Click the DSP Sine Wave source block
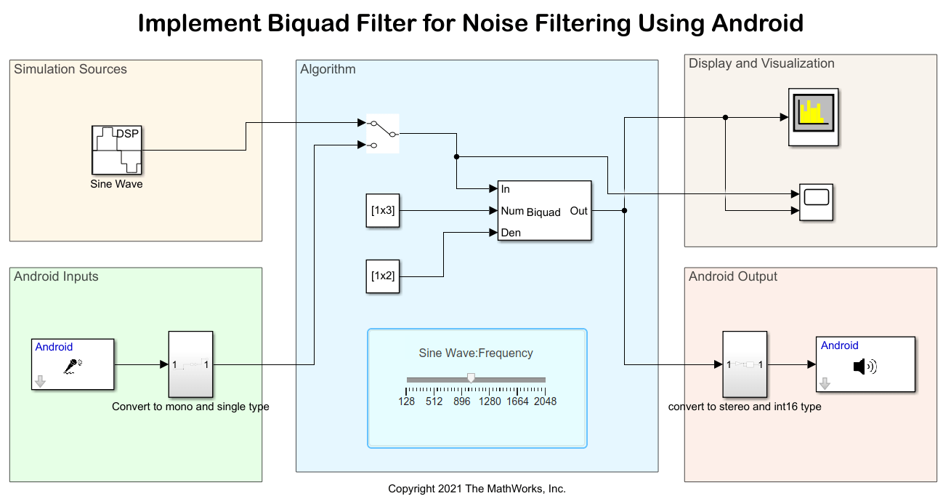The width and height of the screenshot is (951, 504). pos(116,150)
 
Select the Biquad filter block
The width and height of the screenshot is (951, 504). pos(544,211)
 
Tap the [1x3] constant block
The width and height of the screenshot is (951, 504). pos(383,211)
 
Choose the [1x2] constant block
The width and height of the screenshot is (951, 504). pos(383,276)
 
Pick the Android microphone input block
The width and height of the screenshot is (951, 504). pos(73,364)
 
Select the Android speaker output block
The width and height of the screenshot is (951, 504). pos(865,364)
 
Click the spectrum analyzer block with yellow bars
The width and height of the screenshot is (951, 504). pos(814,117)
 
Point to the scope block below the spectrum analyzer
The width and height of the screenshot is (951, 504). pos(816,202)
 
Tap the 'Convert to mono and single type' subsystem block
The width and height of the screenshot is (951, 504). pos(190,364)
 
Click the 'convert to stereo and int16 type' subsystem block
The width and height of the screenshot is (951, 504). pos(745,364)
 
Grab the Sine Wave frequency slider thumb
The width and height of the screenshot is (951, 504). pos(471,378)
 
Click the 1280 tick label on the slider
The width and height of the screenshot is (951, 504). pos(490,401)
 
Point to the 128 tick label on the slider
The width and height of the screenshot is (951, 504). pos(407,401)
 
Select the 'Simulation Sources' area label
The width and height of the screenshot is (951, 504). pos(70,70)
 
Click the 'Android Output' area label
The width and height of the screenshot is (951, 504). pos(733,277)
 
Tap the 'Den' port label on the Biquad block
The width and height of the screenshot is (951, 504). pos(511,233)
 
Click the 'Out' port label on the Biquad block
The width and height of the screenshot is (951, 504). pos(579,211)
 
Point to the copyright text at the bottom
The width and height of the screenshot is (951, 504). pos(477,489)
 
